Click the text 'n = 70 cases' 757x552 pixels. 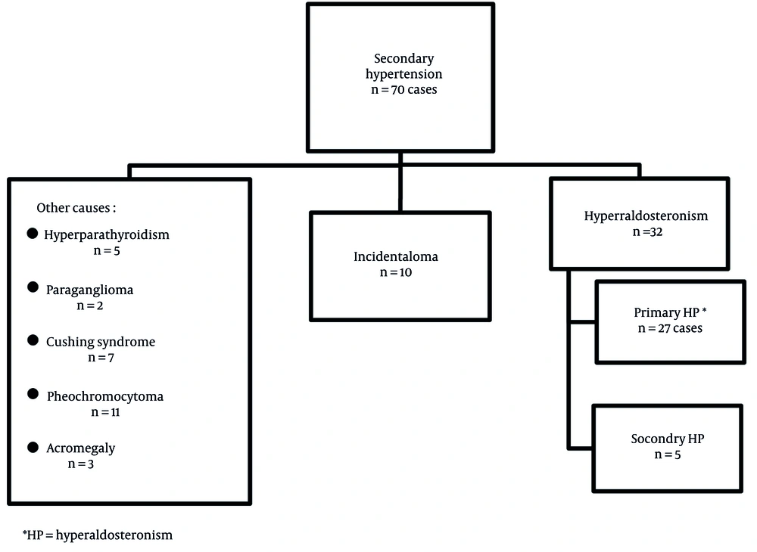click(x=403, y=90)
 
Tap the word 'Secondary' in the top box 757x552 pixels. click(x=404, y=59)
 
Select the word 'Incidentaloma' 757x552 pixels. click(x=396, y=256)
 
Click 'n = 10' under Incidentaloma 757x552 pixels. click(x=396, y=272)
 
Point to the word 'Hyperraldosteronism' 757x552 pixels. click(x=646, y=216)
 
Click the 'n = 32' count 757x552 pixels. click(x=647, y=232)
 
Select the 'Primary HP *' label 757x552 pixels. click(x=670, y=312)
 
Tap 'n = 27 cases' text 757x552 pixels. click(x=670, y=328)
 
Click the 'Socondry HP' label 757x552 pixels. click(x=668, y=439)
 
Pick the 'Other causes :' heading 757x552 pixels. click(x=76, y=208)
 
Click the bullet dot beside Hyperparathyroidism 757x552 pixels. click(x=33, y=234)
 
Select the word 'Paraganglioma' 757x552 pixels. click(x=90, y=290)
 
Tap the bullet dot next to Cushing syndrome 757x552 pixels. click(x=33, y=340)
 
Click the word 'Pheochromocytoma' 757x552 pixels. click(x=105, y=397)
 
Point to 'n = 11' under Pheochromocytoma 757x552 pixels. click(x=105, y=412)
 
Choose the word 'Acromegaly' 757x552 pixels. click(x=81, y=448)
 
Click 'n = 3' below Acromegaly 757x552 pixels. click(x=81, y=464)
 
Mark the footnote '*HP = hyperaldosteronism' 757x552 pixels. click(x=98, y=535)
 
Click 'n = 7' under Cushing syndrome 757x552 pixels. click(x=101, y=358)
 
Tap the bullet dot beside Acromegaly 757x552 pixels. click(x=33, y=448)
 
